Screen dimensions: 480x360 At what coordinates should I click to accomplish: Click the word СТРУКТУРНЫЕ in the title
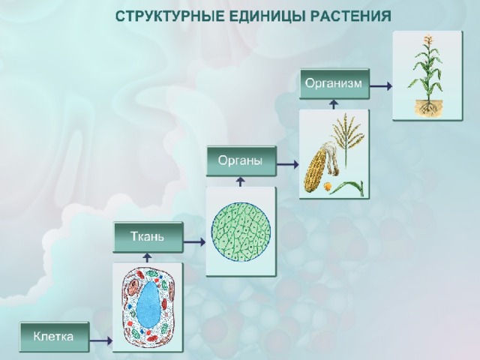pos(169,16)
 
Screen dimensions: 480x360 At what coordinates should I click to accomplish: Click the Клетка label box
pos(54,337)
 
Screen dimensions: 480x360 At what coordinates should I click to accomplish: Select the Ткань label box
pos(148,237)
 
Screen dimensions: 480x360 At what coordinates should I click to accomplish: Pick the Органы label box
pos(241,161)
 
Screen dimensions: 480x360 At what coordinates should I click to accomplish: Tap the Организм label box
pos(334,83)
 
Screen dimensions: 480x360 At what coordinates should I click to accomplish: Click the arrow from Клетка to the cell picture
pos(100,340)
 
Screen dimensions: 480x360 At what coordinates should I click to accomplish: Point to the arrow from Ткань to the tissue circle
pos(194,242)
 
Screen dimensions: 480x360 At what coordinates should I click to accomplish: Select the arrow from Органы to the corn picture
pos(287,165)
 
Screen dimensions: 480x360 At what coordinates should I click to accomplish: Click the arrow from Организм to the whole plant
pos(381,86)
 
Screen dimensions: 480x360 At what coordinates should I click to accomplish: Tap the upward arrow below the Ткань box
pos(148,258)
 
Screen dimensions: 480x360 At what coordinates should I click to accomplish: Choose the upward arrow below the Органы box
pos(241,181)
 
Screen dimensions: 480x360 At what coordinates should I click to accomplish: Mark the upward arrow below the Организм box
pos(334,104)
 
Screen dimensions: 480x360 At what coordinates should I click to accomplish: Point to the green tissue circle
pos(241,232)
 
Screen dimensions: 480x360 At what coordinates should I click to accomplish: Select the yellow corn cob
pos(315,169)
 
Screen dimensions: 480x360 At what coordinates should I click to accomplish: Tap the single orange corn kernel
pos(328,186)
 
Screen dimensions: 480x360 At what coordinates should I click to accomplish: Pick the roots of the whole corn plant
pos(427,108)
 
